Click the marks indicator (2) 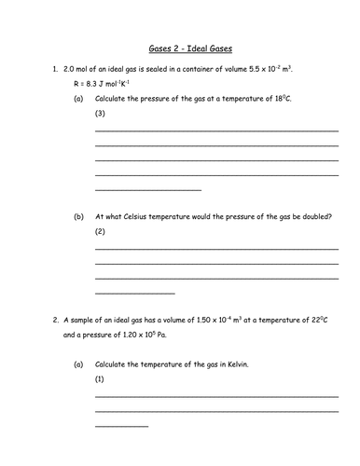pyautogui.click(x=101, y=232)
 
